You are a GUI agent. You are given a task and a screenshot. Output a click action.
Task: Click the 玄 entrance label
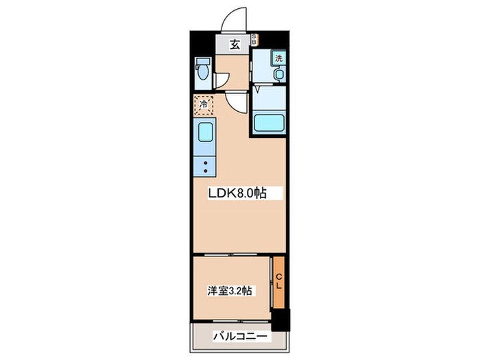(x=235, y=45)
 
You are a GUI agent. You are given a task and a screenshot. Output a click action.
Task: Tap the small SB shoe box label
(x=254, y=40)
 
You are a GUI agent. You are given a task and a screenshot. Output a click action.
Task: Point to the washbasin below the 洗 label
(x=278, y=73)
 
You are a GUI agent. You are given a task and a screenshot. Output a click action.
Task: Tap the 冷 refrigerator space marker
(x=204, y=105)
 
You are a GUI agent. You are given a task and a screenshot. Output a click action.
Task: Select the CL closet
(x=278, y=281)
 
